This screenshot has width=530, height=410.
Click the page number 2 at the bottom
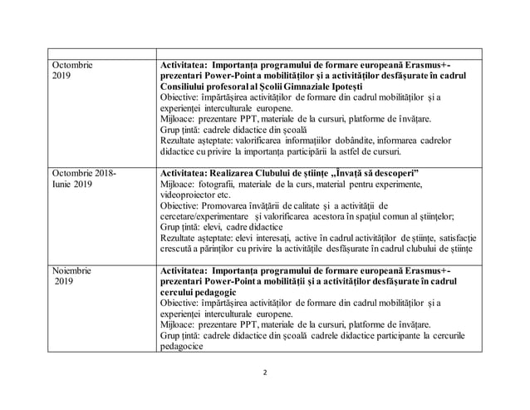pos(265,371)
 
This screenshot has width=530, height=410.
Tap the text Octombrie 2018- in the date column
pos(84,172)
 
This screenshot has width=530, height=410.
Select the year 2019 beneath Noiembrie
pos(64,282)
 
